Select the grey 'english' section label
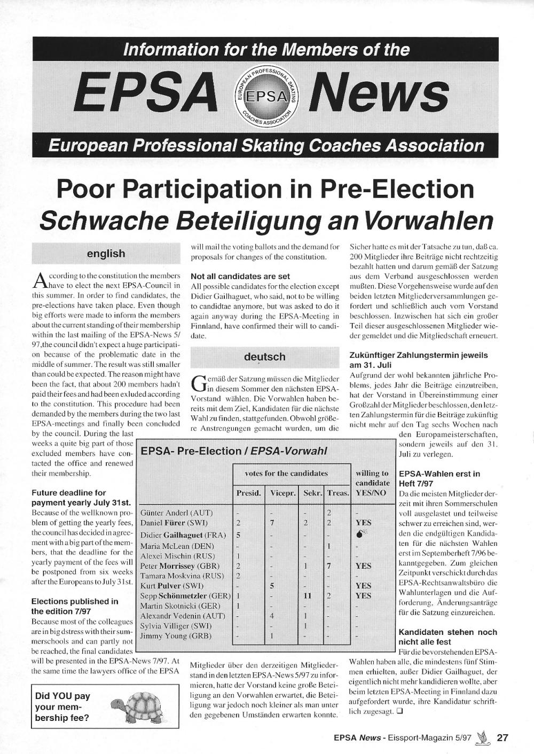pyautogui.click(x=106, y=254)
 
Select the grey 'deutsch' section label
pyautogui.click(x=264, y=357)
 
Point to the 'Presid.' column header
pyautogui.click(x=248, y=493)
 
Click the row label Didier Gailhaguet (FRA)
pyautogui.click(x=183, y=535)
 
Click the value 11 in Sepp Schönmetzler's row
pyautogui.click(x=307, y=595)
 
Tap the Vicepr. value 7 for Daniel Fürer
pyautogui.click(x=272, y=523)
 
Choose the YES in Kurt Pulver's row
pyautogui.click(x=363, y=586)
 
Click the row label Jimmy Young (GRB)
pyautogui.click(x=175, y=636)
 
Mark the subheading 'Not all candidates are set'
pyautogui.click(x=240, y=277)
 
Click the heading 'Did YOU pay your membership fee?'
pyautogui.click(x=63, y=706)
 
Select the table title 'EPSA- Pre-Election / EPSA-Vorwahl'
pyautogui.click(x=233, y=451)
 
